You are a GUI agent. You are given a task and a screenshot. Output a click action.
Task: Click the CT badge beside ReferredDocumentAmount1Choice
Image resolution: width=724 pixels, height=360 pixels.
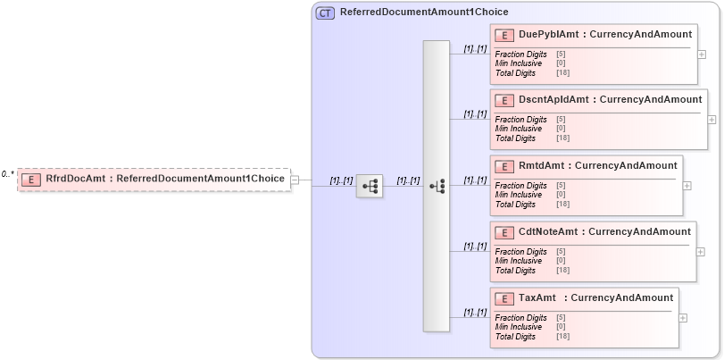[x=325, y=13]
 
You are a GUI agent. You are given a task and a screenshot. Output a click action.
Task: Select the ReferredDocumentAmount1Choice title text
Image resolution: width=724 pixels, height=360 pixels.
[x=424, y=13]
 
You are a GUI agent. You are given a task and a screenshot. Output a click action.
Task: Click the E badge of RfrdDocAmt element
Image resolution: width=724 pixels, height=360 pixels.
[x=31, y=179]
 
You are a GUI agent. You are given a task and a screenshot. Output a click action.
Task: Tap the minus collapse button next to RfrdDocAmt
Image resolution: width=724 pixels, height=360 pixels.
[x=295, y=180]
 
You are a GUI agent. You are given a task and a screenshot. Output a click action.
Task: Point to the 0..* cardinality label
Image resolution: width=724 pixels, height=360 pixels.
[x=7, y=174]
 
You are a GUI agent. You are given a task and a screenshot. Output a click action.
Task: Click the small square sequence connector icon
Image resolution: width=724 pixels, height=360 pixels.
[x=369, y=186]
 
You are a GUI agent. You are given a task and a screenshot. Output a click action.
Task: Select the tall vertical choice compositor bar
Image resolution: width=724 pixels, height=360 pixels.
[x=437, y=186]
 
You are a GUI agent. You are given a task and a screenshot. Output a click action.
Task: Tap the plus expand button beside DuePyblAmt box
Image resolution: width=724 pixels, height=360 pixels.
[x=701, y=54]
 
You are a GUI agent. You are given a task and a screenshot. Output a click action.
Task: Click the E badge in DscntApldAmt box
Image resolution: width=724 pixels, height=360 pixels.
[x=505, y=100]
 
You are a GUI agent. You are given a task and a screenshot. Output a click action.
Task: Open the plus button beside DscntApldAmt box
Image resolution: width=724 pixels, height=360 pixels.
[x=712, y=119]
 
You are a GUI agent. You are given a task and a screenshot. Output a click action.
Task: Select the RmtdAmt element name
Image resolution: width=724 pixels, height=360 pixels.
[x=542, y=165]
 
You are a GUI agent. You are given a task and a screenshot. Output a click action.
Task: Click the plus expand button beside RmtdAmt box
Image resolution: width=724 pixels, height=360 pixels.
[x=687, y=186]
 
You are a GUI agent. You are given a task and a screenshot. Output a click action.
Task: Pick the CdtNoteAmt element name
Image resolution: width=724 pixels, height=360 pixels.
[x=550, y=231]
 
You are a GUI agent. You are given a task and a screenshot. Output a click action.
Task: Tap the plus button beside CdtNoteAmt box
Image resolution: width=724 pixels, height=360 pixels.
[x=701, y=252]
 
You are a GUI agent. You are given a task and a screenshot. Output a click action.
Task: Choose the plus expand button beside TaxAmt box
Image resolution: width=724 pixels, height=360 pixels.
[x=683, y=317]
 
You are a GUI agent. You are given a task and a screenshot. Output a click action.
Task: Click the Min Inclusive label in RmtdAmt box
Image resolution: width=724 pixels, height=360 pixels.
[x=518, y=195]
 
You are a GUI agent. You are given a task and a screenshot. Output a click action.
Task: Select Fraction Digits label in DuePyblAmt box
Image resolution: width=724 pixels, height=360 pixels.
[x=520, y=54]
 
